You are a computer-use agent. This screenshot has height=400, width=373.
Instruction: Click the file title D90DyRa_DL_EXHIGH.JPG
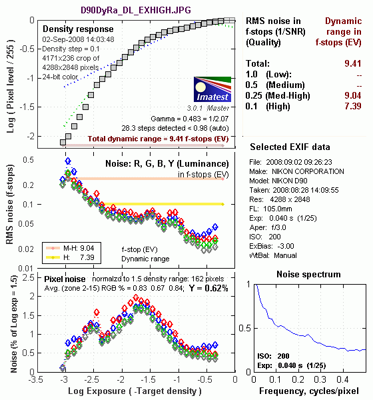point(136,10)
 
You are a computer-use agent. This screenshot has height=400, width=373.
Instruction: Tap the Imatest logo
point(212,89)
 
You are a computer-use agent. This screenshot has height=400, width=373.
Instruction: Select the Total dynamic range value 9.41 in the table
point(353,63)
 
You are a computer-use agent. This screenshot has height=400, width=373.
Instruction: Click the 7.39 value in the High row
point(353,106)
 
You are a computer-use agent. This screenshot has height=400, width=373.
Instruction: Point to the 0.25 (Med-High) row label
point(278,95)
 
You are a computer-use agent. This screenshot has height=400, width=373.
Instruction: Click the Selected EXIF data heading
point(290,147)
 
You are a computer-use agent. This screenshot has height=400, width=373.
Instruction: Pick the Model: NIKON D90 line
point(278,181)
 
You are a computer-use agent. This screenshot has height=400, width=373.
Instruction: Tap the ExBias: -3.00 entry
point(272,246)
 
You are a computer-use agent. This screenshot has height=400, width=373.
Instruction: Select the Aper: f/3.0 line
point(268,227)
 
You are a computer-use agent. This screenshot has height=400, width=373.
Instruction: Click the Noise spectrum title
point(308,274)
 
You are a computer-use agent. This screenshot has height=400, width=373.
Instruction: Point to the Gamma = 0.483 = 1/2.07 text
point(190,119)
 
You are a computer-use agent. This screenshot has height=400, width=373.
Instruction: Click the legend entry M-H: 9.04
point(70,248)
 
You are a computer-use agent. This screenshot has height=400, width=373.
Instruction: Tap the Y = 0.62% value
point(208,288)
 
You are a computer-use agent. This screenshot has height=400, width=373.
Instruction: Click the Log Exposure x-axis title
point(135,391)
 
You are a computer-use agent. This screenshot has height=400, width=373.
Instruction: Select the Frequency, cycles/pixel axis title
point(309,391)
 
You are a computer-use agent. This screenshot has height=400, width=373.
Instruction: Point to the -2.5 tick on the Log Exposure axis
point(93,379)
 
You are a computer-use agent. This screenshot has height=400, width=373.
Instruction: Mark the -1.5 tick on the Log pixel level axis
point(27,107)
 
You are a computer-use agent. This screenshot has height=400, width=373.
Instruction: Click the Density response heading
point(78,29)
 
